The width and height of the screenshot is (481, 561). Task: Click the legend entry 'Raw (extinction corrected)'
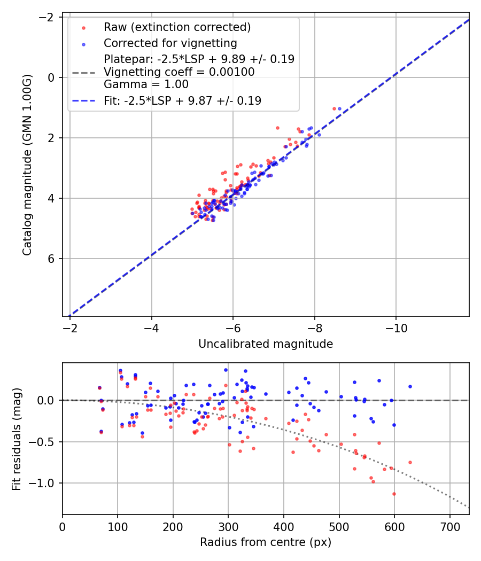(x=177, y=27)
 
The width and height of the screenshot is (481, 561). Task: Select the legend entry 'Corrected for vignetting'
(x=170, y=43)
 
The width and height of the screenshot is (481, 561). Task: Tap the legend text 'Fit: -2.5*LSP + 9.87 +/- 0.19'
(x=182, y=100)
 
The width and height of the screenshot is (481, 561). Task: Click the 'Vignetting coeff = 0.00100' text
(x=179, y=72)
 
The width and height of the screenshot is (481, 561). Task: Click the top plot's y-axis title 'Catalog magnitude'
(x=27, y=165)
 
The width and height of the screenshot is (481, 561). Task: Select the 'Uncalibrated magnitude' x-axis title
(x=266, y=344)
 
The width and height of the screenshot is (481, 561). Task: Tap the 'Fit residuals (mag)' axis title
(x=17, y=439)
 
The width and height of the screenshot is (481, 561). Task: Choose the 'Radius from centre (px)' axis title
(x=266, y=542)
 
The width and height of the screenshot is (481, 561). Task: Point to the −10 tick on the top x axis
(x=395, y=326)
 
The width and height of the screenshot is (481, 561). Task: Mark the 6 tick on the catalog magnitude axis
(x=52, y=259)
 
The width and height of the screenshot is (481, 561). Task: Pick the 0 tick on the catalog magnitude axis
(x=52, y=77)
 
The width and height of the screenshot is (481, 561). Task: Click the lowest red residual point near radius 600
(x=394, y=494)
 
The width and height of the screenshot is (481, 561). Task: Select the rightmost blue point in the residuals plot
(x=410, y=386)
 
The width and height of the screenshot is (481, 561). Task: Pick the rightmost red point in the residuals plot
(x=410, y=462)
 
